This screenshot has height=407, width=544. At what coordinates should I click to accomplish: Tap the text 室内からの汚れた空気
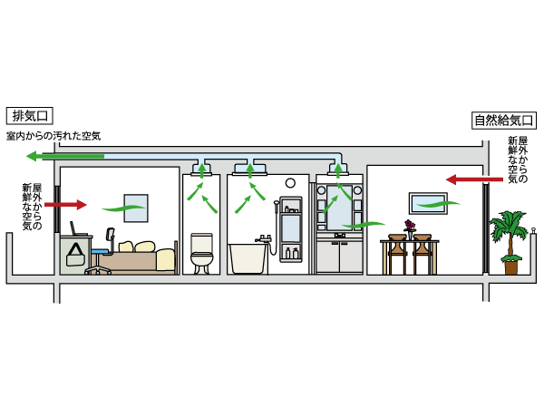click(x=53, y=136)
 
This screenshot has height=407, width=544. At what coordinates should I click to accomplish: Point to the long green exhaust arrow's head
click(x=33, y=156)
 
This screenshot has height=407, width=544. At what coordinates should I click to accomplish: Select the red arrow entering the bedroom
click(x=65, y=205)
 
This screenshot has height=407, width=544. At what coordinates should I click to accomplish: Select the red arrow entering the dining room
click(x=468, y=179)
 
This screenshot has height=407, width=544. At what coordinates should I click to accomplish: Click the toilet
click(x=201, y=253)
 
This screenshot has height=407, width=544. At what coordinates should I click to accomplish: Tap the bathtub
click(x=248, y=256)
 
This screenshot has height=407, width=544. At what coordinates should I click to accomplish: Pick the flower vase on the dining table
click(x=410, y=227)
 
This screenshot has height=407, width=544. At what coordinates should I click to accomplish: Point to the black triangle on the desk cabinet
click(x=75, y=253)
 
